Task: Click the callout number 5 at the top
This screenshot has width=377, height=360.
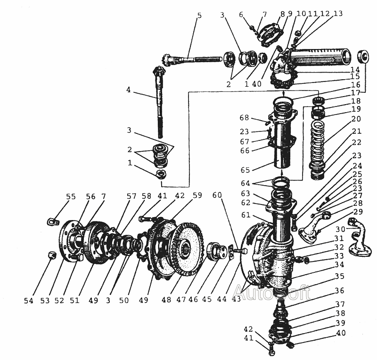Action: [x=199, y=16]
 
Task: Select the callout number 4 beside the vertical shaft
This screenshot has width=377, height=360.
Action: [x=129, y=90]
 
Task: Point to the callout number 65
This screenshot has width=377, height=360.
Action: [x=245, y=170]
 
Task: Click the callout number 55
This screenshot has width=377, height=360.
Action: [x=71, y=196]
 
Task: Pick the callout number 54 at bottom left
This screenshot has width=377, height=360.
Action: [x=29, y=301]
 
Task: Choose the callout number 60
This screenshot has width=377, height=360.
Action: [x=217, y=195]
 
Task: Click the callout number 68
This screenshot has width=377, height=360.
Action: [x=244, y=118]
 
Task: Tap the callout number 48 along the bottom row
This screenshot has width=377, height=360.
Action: [x=166, y=300]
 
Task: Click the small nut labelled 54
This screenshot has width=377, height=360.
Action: [x=52, y=255]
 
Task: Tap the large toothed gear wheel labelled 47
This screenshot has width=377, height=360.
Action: [x=188, y=248]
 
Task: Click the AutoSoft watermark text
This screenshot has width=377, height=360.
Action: [x=272, y=292]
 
